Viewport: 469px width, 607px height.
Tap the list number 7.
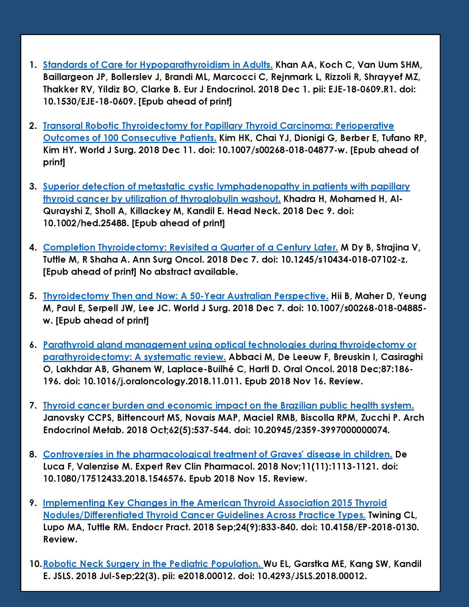click(33, 405)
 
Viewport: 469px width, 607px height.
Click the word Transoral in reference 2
click(63, 126)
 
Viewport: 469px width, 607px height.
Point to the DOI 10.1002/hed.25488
click(86, 223)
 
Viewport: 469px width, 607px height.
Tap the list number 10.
click(35, 563)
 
